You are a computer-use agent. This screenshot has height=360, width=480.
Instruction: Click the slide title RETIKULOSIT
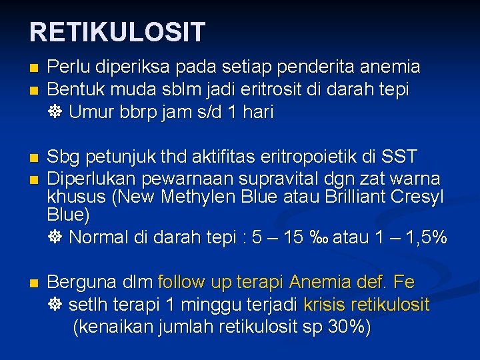[117, 31]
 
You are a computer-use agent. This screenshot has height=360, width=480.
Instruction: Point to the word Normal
[103, 237]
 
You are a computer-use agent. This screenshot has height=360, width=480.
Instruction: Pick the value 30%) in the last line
[349, 327]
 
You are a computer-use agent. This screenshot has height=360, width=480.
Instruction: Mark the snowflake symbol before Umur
[55, 112]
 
